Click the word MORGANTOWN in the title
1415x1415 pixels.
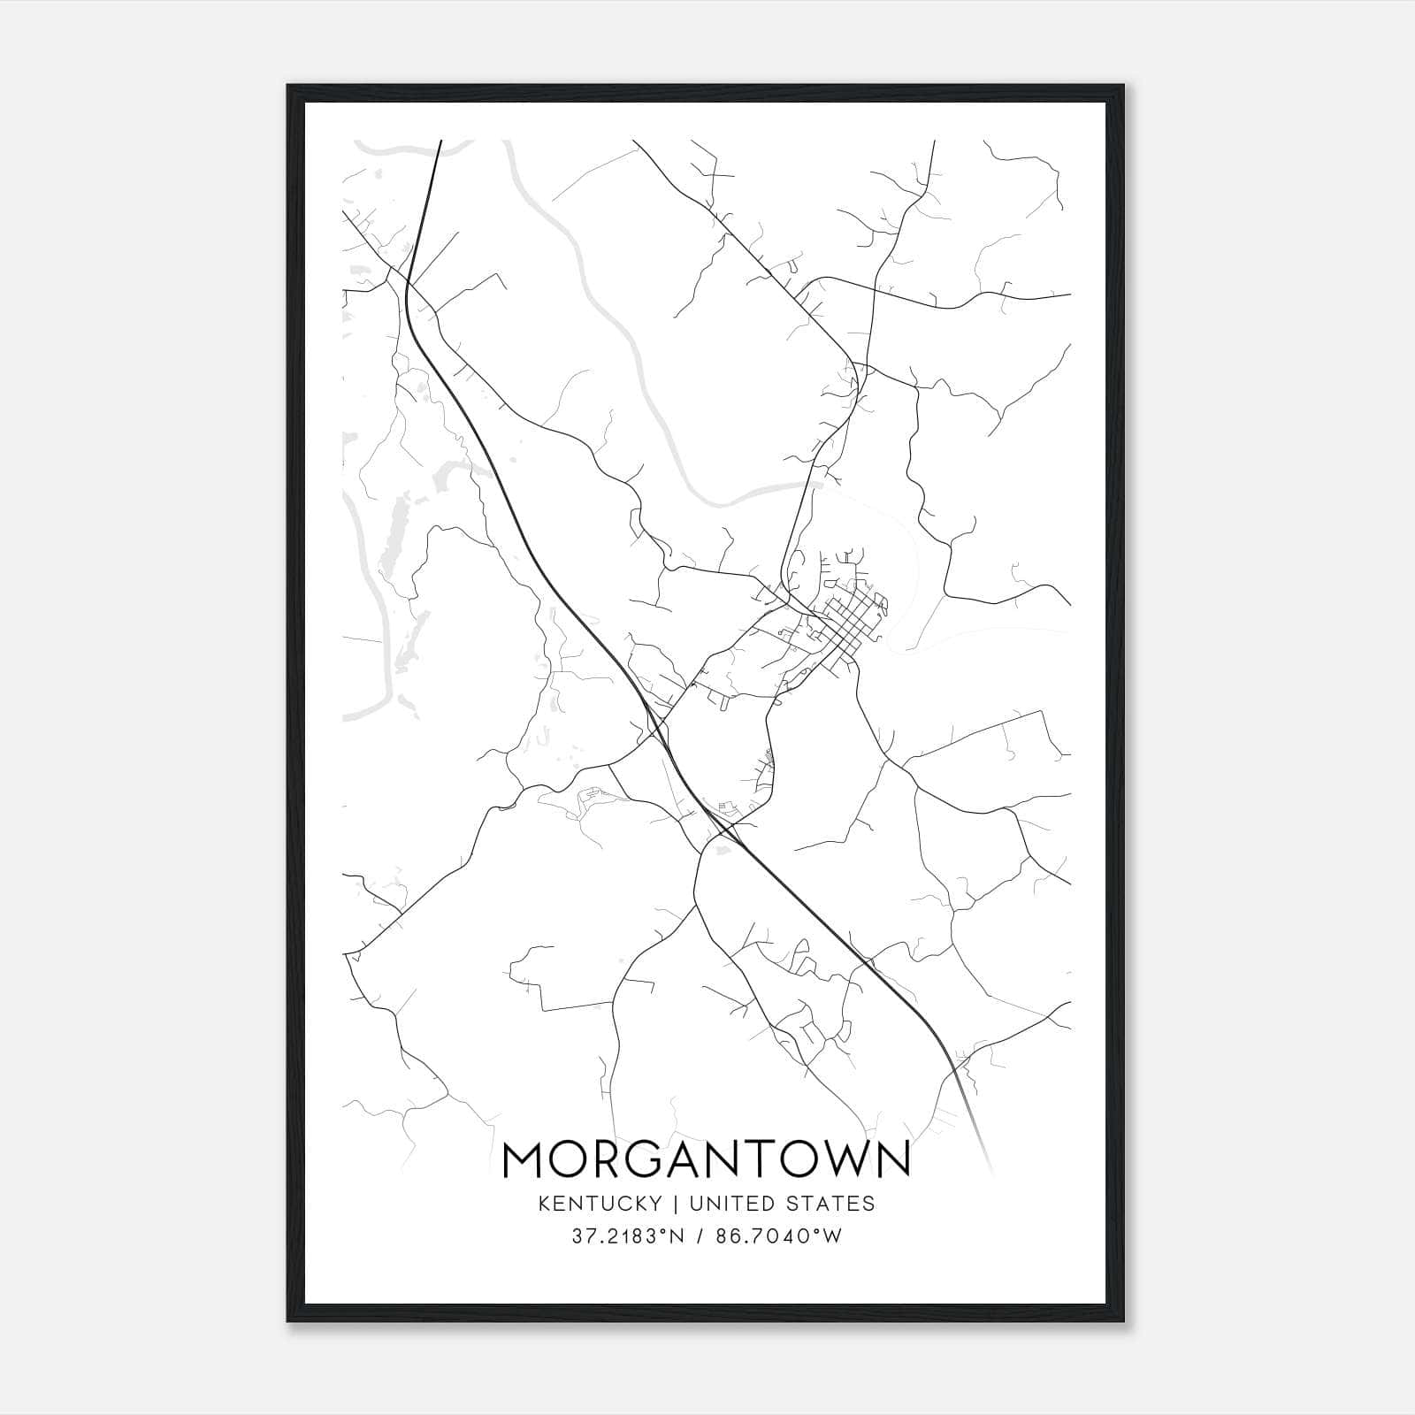coord(706,1159)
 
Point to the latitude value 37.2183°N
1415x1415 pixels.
coord(628,1236)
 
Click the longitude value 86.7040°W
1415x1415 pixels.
coord(778,1236)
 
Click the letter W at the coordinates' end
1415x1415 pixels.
coord(832,1236)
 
